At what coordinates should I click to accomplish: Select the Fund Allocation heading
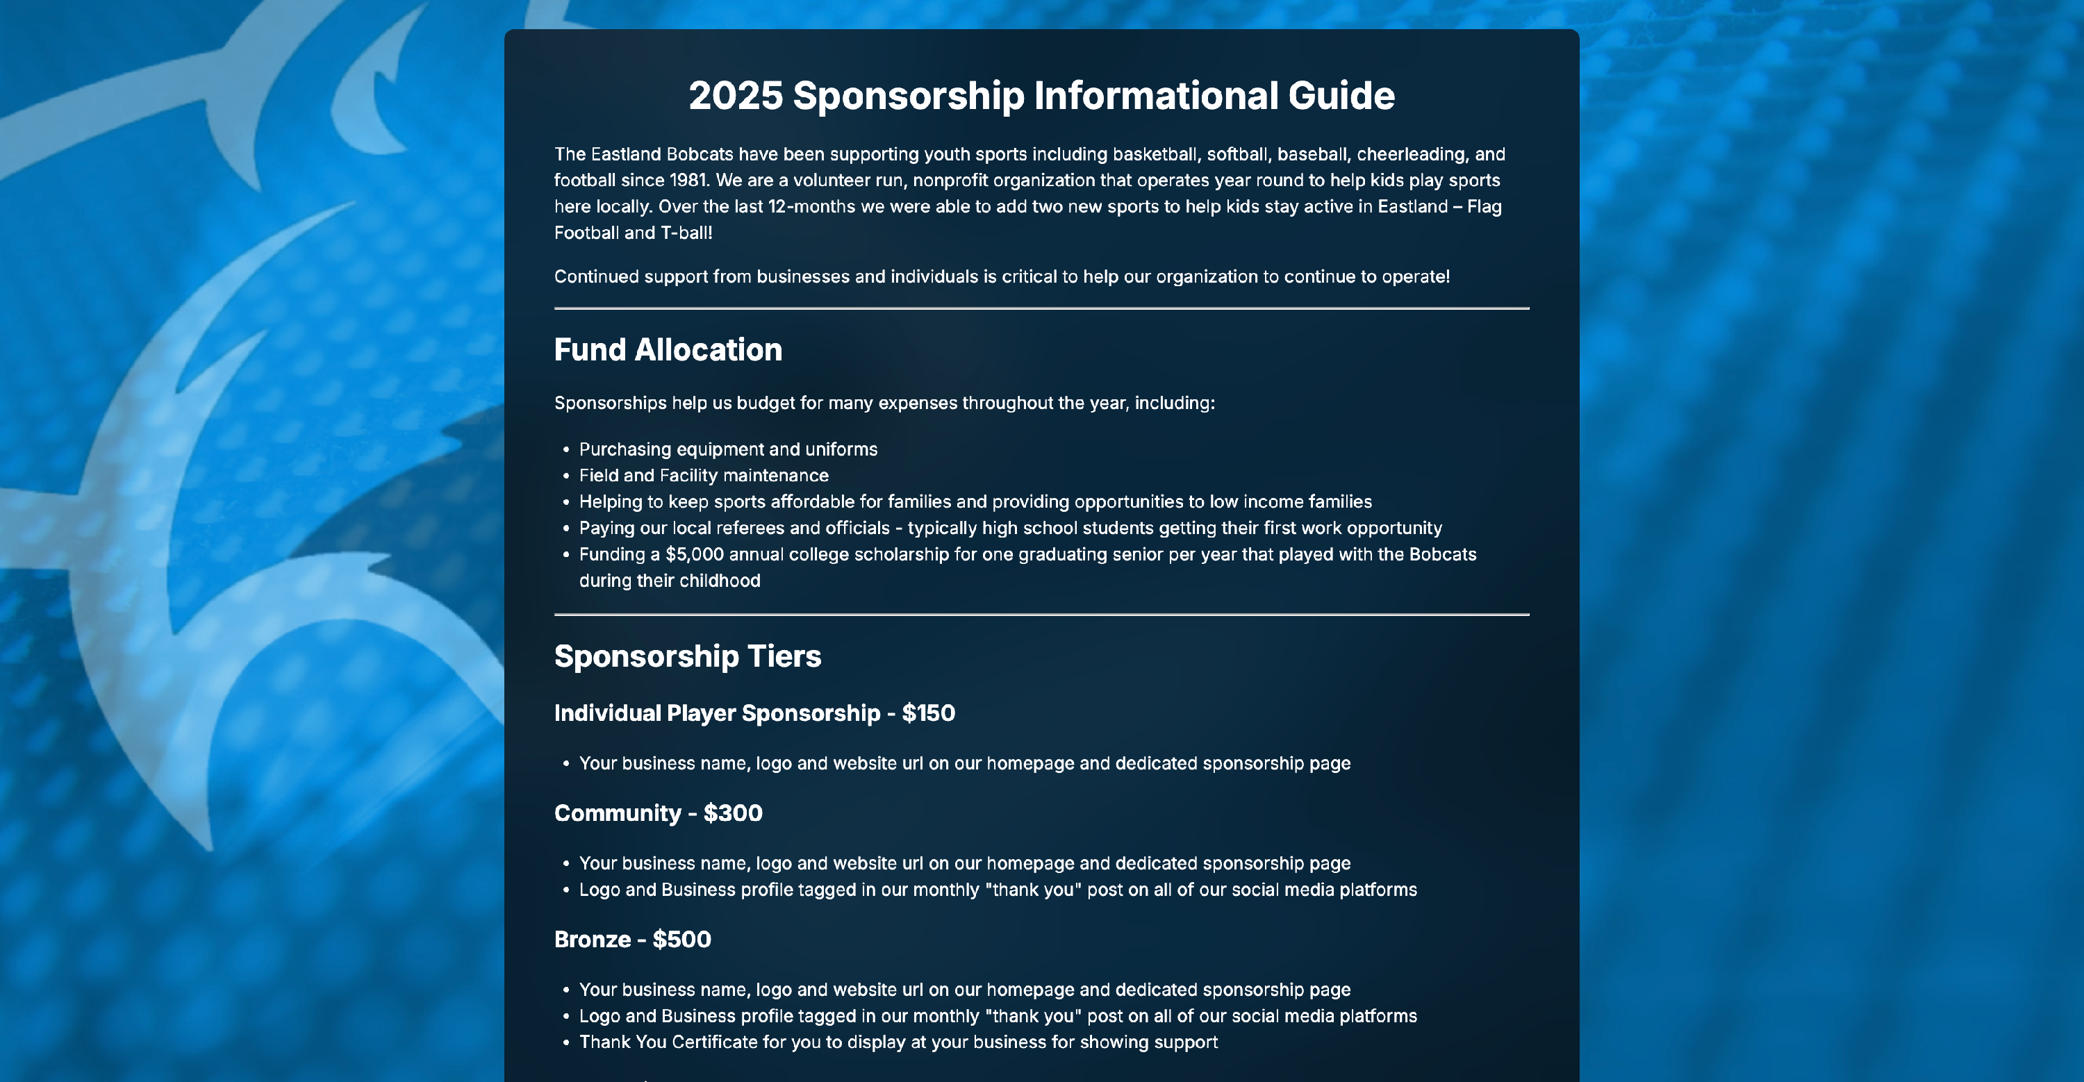click(668, 350)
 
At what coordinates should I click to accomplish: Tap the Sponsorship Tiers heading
click(687, 656)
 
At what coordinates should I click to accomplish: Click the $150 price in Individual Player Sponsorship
click(928, 713)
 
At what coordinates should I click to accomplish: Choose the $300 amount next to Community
click(732, 813)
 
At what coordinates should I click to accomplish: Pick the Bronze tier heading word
click(592, 940)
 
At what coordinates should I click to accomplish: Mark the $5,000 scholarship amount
click(694, 555)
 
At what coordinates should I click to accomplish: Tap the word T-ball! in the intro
click(686, 233)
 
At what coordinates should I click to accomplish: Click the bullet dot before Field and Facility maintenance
click(565, 476)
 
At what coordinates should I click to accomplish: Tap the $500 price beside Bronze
click(681, 940)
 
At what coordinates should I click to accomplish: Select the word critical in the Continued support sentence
click(1029, 276)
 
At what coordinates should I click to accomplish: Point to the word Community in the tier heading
click(618, 813)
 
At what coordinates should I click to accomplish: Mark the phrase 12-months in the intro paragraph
click(811, 207)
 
